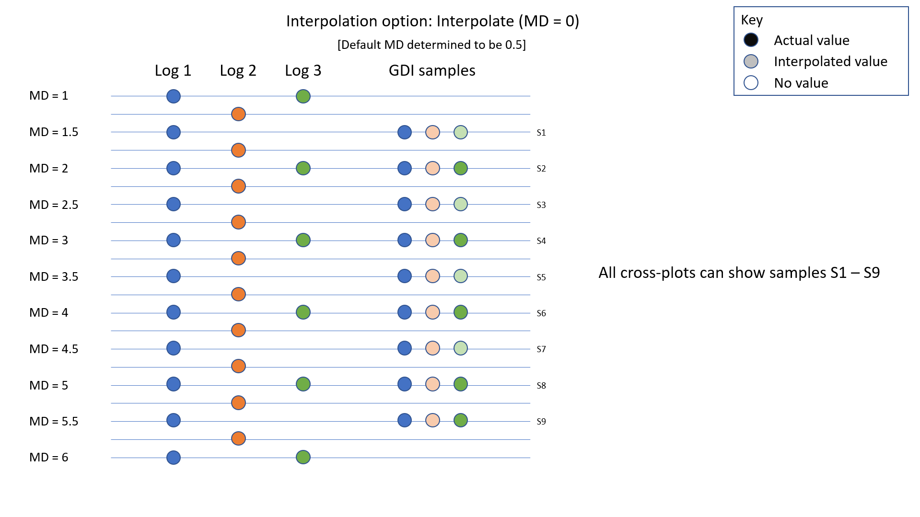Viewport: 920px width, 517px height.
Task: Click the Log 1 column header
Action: coord(173,71)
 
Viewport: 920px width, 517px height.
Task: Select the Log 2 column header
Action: coord(238,71)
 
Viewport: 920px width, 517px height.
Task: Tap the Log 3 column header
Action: coord(303,71)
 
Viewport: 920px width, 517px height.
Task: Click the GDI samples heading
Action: coord(432,71)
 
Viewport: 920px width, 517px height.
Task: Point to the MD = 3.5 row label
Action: coord(54,276)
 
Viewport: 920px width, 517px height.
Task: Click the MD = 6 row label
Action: coord(49,457)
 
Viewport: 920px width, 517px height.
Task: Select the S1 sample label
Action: coord(541,133)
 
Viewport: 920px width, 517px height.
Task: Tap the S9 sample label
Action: coord(541,422)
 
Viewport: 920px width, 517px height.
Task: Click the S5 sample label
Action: coord(541,277)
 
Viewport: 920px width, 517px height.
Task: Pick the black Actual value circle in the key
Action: coord(751,40)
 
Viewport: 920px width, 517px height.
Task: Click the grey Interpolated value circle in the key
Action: coord(751,61)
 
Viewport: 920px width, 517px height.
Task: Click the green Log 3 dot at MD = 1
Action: coord(303,96)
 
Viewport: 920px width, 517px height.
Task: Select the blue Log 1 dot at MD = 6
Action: coord(174,458)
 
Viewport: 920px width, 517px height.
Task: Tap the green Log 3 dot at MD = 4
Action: coord(303,312)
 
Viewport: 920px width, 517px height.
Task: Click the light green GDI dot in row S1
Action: coord(461,132)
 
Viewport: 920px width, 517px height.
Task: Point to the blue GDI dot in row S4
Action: coord(405,240)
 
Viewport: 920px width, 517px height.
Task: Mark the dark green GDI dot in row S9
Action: coord(461,420)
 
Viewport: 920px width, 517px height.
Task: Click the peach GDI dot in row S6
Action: coord(432,312)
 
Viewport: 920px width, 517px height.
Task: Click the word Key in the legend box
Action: coord(752,20)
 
